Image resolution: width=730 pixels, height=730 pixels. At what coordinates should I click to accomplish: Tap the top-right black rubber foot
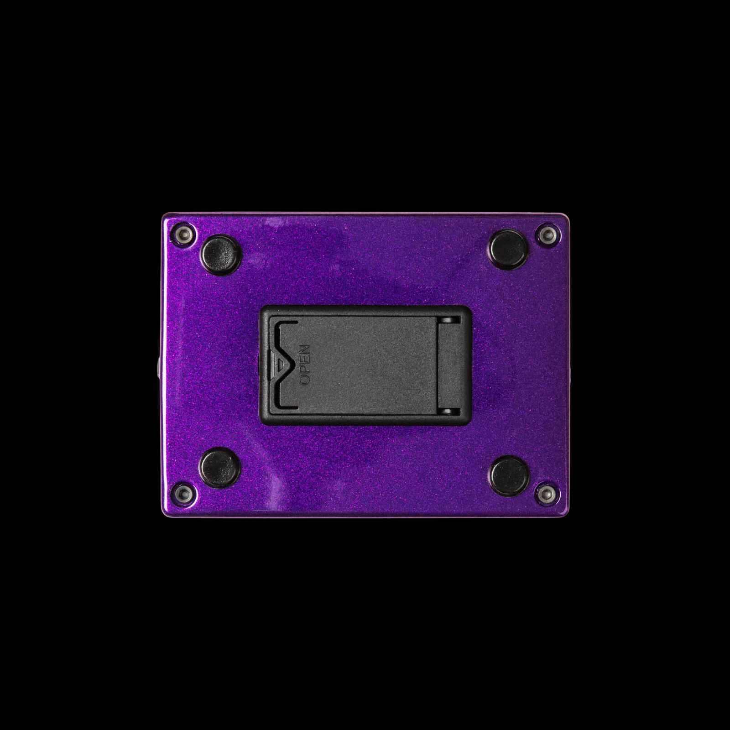(509, 249)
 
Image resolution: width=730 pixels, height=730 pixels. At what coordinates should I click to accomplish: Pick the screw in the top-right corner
(547, 235)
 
